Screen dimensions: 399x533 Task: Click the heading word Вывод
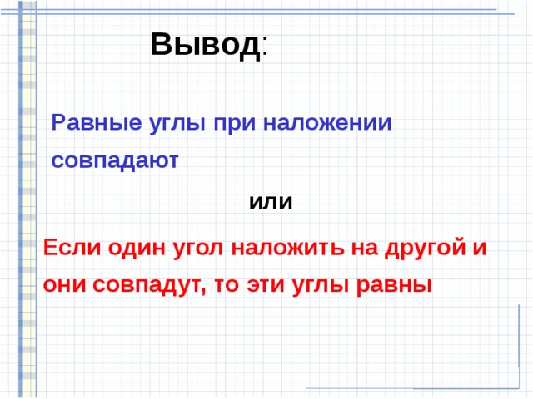[205, 43]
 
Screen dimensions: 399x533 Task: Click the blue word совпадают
[115, 160]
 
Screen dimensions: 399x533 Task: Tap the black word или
[271, 202]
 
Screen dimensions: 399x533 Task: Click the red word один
[135, 248]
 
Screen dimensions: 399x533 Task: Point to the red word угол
[200, 248]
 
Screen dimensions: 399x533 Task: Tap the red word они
[64, 284]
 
